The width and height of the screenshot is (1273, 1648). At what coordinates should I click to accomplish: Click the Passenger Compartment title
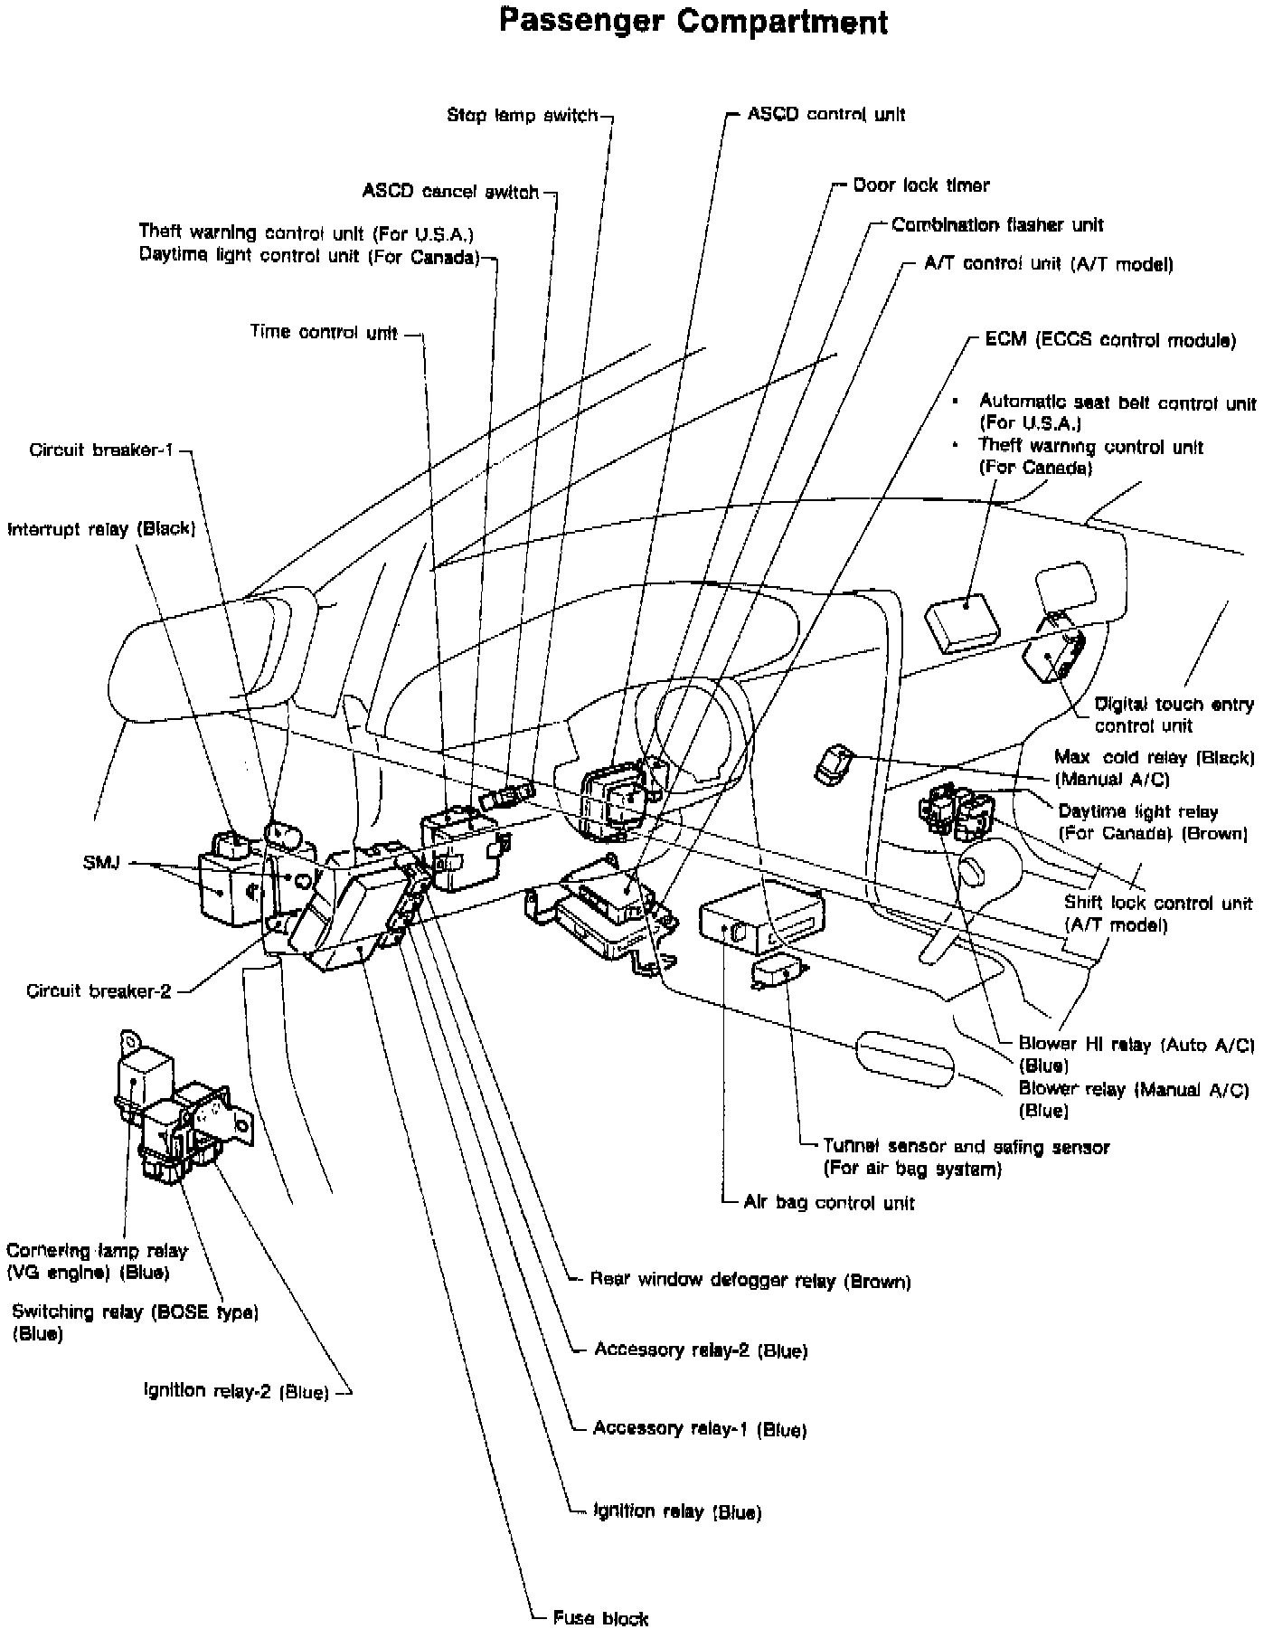693,22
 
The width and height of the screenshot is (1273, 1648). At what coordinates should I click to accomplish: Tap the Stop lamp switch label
523,116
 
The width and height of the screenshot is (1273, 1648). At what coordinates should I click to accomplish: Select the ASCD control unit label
825,114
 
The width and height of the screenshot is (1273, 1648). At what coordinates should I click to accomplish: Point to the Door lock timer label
920,185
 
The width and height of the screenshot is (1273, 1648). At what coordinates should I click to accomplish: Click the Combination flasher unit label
996,224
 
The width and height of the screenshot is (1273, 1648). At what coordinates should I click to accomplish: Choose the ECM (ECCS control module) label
1109,340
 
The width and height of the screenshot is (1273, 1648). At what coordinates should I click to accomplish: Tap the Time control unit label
324,332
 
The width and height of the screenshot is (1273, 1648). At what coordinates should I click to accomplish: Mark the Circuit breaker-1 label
100,450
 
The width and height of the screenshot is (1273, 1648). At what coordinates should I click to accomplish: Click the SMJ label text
100,862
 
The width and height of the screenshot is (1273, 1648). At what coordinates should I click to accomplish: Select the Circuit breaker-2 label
99,990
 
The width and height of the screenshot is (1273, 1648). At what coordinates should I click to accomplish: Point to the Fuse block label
600,1618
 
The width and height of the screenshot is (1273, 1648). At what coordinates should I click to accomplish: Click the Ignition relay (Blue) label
676,1511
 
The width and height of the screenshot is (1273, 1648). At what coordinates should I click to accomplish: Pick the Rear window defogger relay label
750,1281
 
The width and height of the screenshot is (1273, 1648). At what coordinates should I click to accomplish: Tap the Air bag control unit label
828,1203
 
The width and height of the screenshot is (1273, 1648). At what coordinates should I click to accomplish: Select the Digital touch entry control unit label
1174,715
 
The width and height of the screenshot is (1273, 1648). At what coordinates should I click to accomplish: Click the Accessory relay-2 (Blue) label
700,1350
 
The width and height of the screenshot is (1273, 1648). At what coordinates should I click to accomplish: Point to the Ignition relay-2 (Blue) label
236,1391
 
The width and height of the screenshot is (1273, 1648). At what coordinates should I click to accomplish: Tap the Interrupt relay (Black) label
101,528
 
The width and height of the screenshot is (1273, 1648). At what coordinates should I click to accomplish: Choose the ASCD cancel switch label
450,192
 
